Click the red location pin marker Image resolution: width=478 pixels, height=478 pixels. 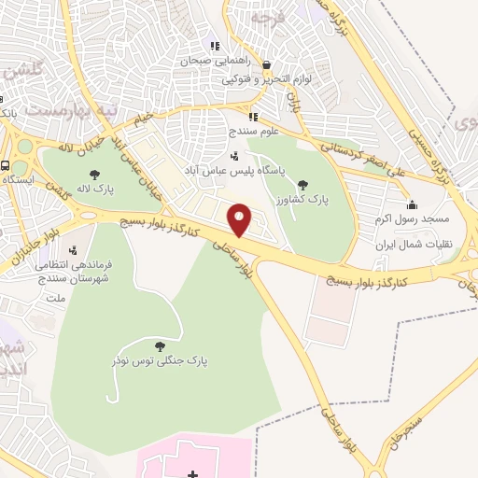[241, 218]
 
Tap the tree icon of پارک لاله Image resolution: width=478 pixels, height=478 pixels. [93, 174]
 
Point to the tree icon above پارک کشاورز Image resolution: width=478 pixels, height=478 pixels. [302, 184]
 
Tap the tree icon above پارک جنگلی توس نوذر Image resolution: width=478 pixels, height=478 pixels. [171, 344]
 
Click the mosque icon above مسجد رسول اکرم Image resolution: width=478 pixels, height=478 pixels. [412, 205]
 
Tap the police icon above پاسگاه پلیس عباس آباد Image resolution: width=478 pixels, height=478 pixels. [233, 155]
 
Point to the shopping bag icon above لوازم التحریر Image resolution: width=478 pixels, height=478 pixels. [267, 65]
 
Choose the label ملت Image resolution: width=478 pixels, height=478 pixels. [56, 298]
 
